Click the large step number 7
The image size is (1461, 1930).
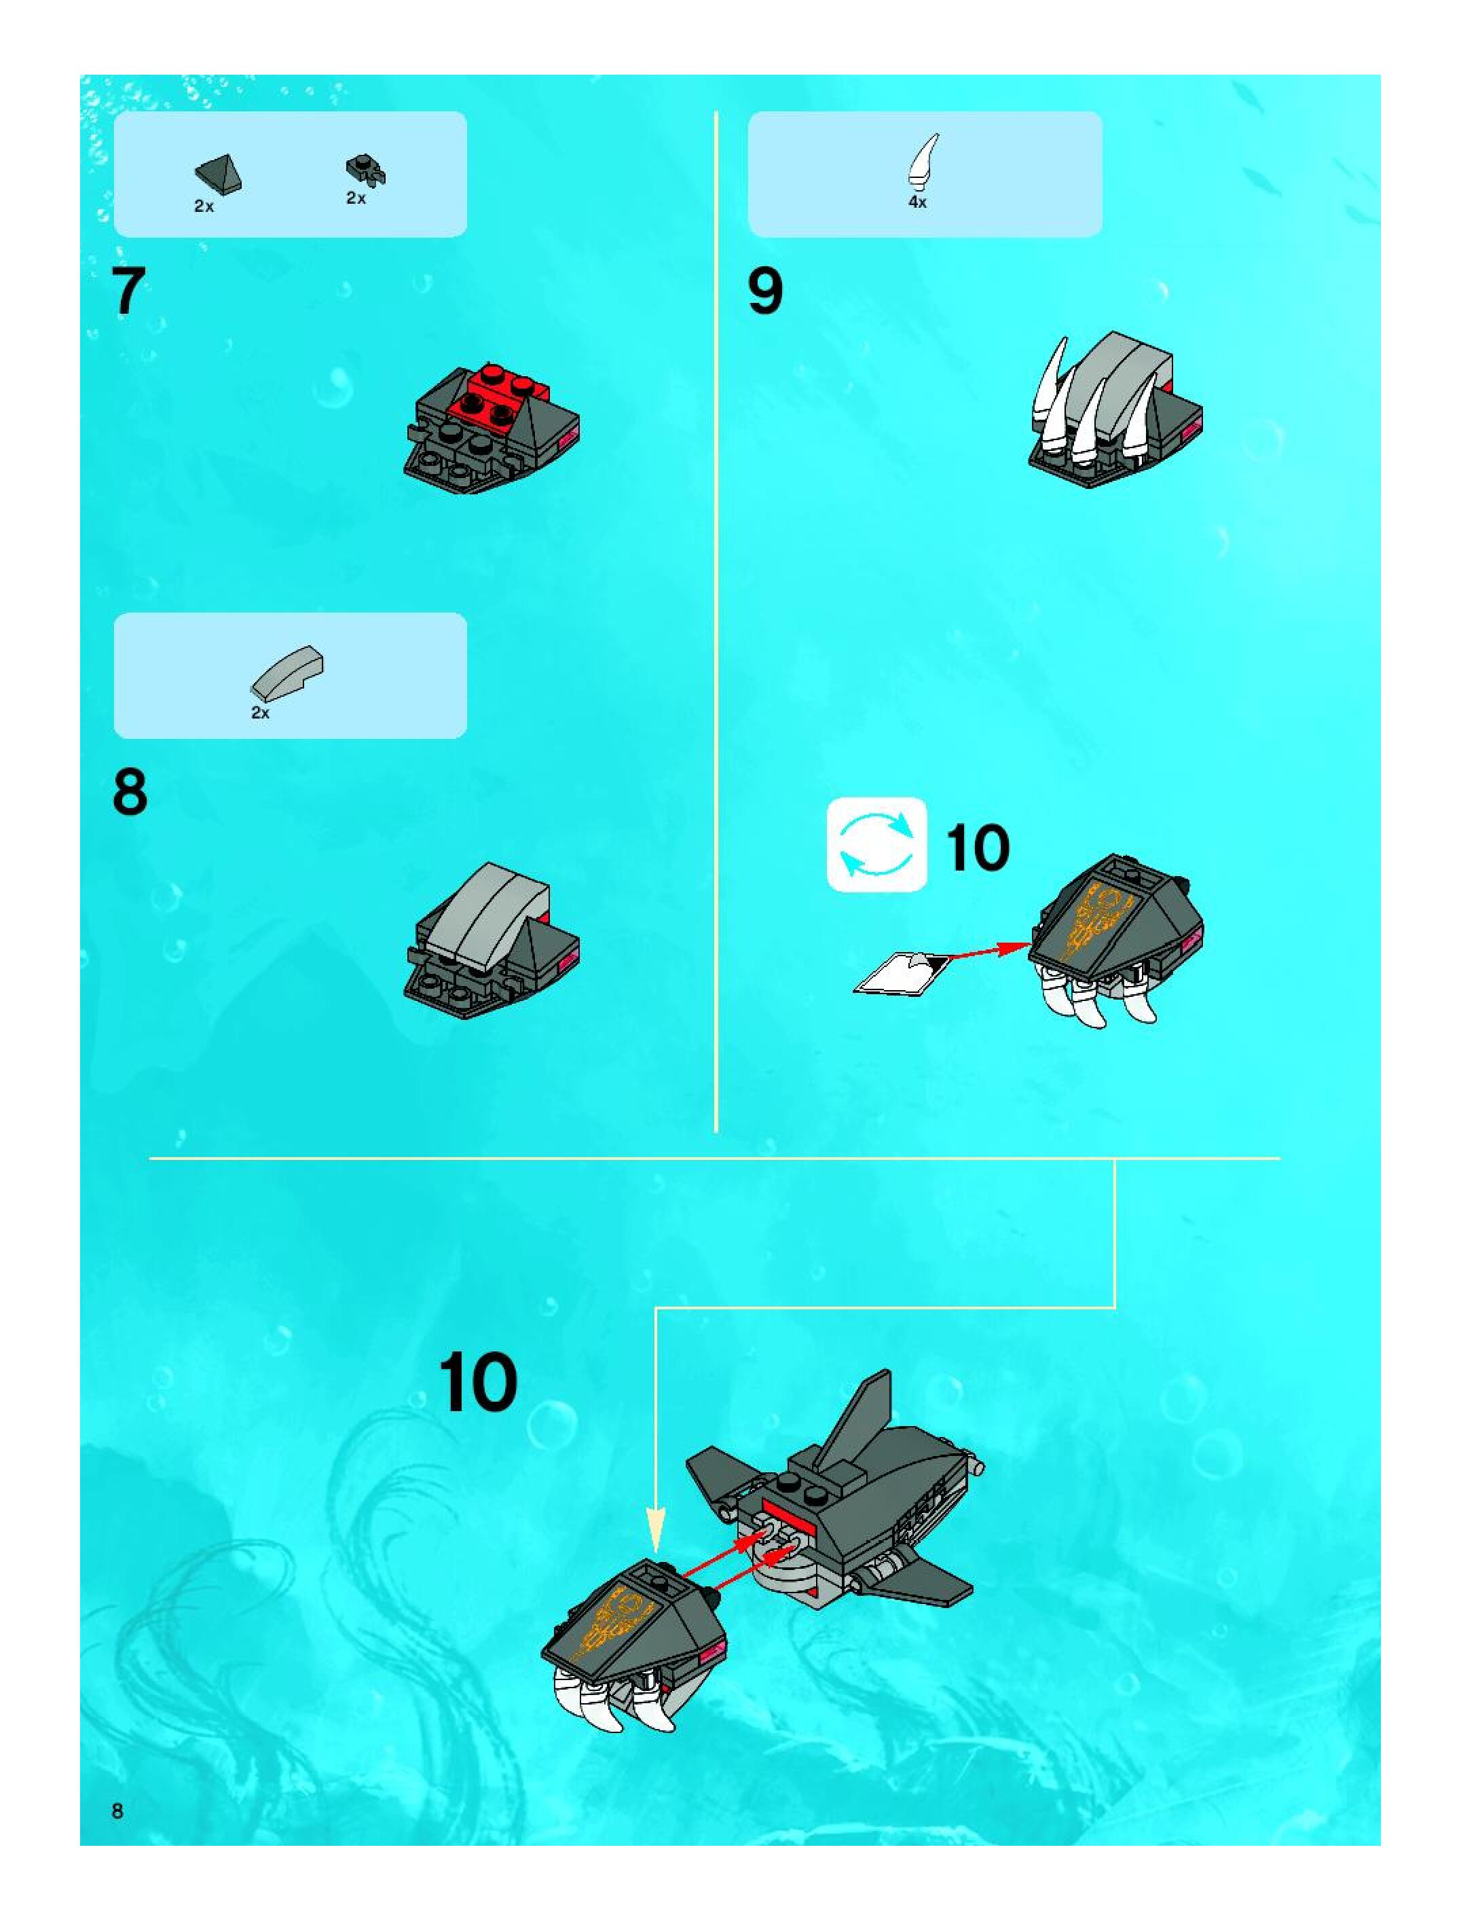point(128,291)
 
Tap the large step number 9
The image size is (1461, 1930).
point(765,291)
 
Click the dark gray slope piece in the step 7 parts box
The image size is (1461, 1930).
point(218,175)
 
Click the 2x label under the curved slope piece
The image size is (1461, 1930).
point(260,713)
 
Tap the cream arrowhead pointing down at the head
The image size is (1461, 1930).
point(655,1531)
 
